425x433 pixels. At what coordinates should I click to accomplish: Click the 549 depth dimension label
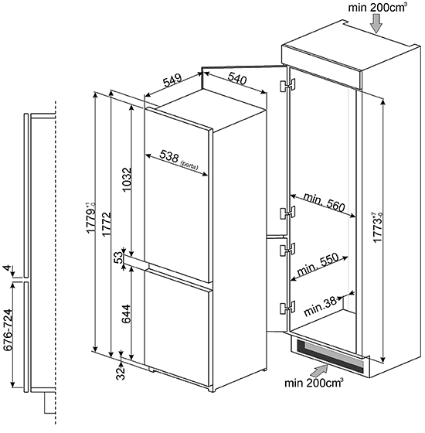(172, 80)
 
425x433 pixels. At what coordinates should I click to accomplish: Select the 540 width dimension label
(236, 79)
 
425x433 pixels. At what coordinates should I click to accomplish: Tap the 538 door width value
(169, 156)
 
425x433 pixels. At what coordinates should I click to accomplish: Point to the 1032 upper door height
(127, 179)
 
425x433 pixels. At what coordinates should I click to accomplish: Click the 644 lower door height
(127, 314)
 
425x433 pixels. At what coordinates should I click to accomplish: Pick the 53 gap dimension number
(118, 257)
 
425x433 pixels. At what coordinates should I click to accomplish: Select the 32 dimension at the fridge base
(121, 373)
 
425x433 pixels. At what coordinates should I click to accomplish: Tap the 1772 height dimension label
(107, 224)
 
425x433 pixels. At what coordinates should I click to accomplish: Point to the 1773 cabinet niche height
(378, 227)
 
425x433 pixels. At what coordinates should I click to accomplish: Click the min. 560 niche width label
(325, 203)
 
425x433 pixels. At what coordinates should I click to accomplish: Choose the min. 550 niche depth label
(318, 264)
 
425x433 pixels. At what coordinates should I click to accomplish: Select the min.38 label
(320, 307)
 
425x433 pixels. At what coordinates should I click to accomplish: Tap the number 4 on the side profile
(7, 268)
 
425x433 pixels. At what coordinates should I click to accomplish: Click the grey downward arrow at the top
(376, 24)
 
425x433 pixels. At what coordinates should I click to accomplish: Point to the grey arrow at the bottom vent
(319, 370)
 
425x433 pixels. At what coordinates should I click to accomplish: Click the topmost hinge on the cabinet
(287, 85)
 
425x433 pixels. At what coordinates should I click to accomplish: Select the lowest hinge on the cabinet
(287, 308)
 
